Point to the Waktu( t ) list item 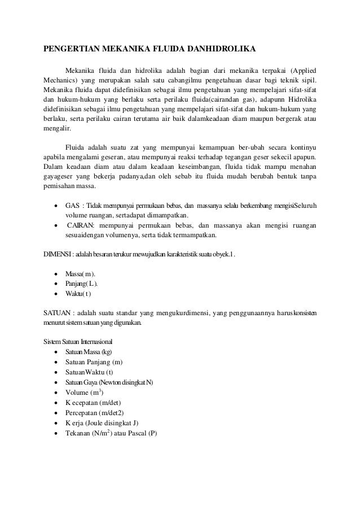pyautogui.click(x=78, y=294)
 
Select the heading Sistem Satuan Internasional pyautogui.click(x=78, y=342)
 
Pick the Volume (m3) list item pyautogui.click(x=85, y=393)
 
